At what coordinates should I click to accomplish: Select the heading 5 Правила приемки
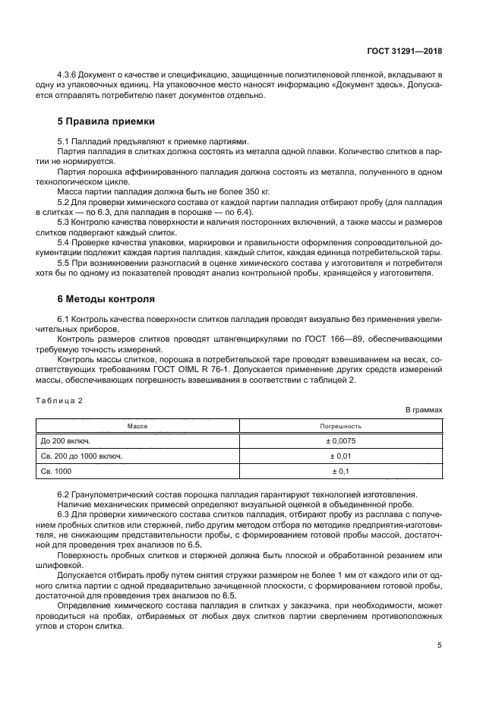(106, 121)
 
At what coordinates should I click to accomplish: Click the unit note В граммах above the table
(423, 410)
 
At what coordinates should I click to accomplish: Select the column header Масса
(137, 427)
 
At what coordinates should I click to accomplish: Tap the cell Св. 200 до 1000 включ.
(81, 457)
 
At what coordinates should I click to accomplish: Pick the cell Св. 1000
(56, 472)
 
